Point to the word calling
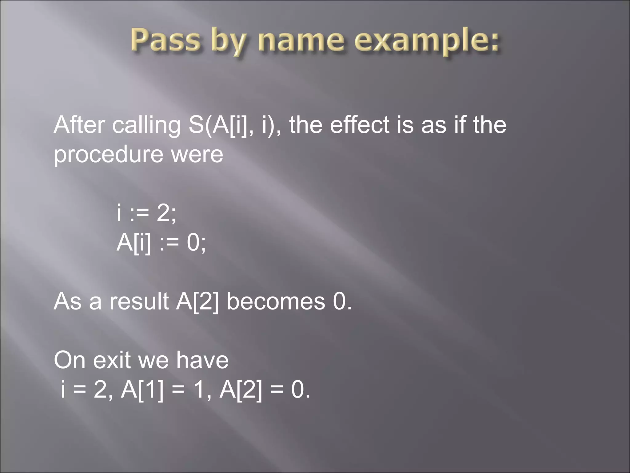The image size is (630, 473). pos(146,126)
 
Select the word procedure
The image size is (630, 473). pos(108,155)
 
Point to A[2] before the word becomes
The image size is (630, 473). pos(197,301)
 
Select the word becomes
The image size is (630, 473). pos(276,301)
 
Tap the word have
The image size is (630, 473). pos(202,360)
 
